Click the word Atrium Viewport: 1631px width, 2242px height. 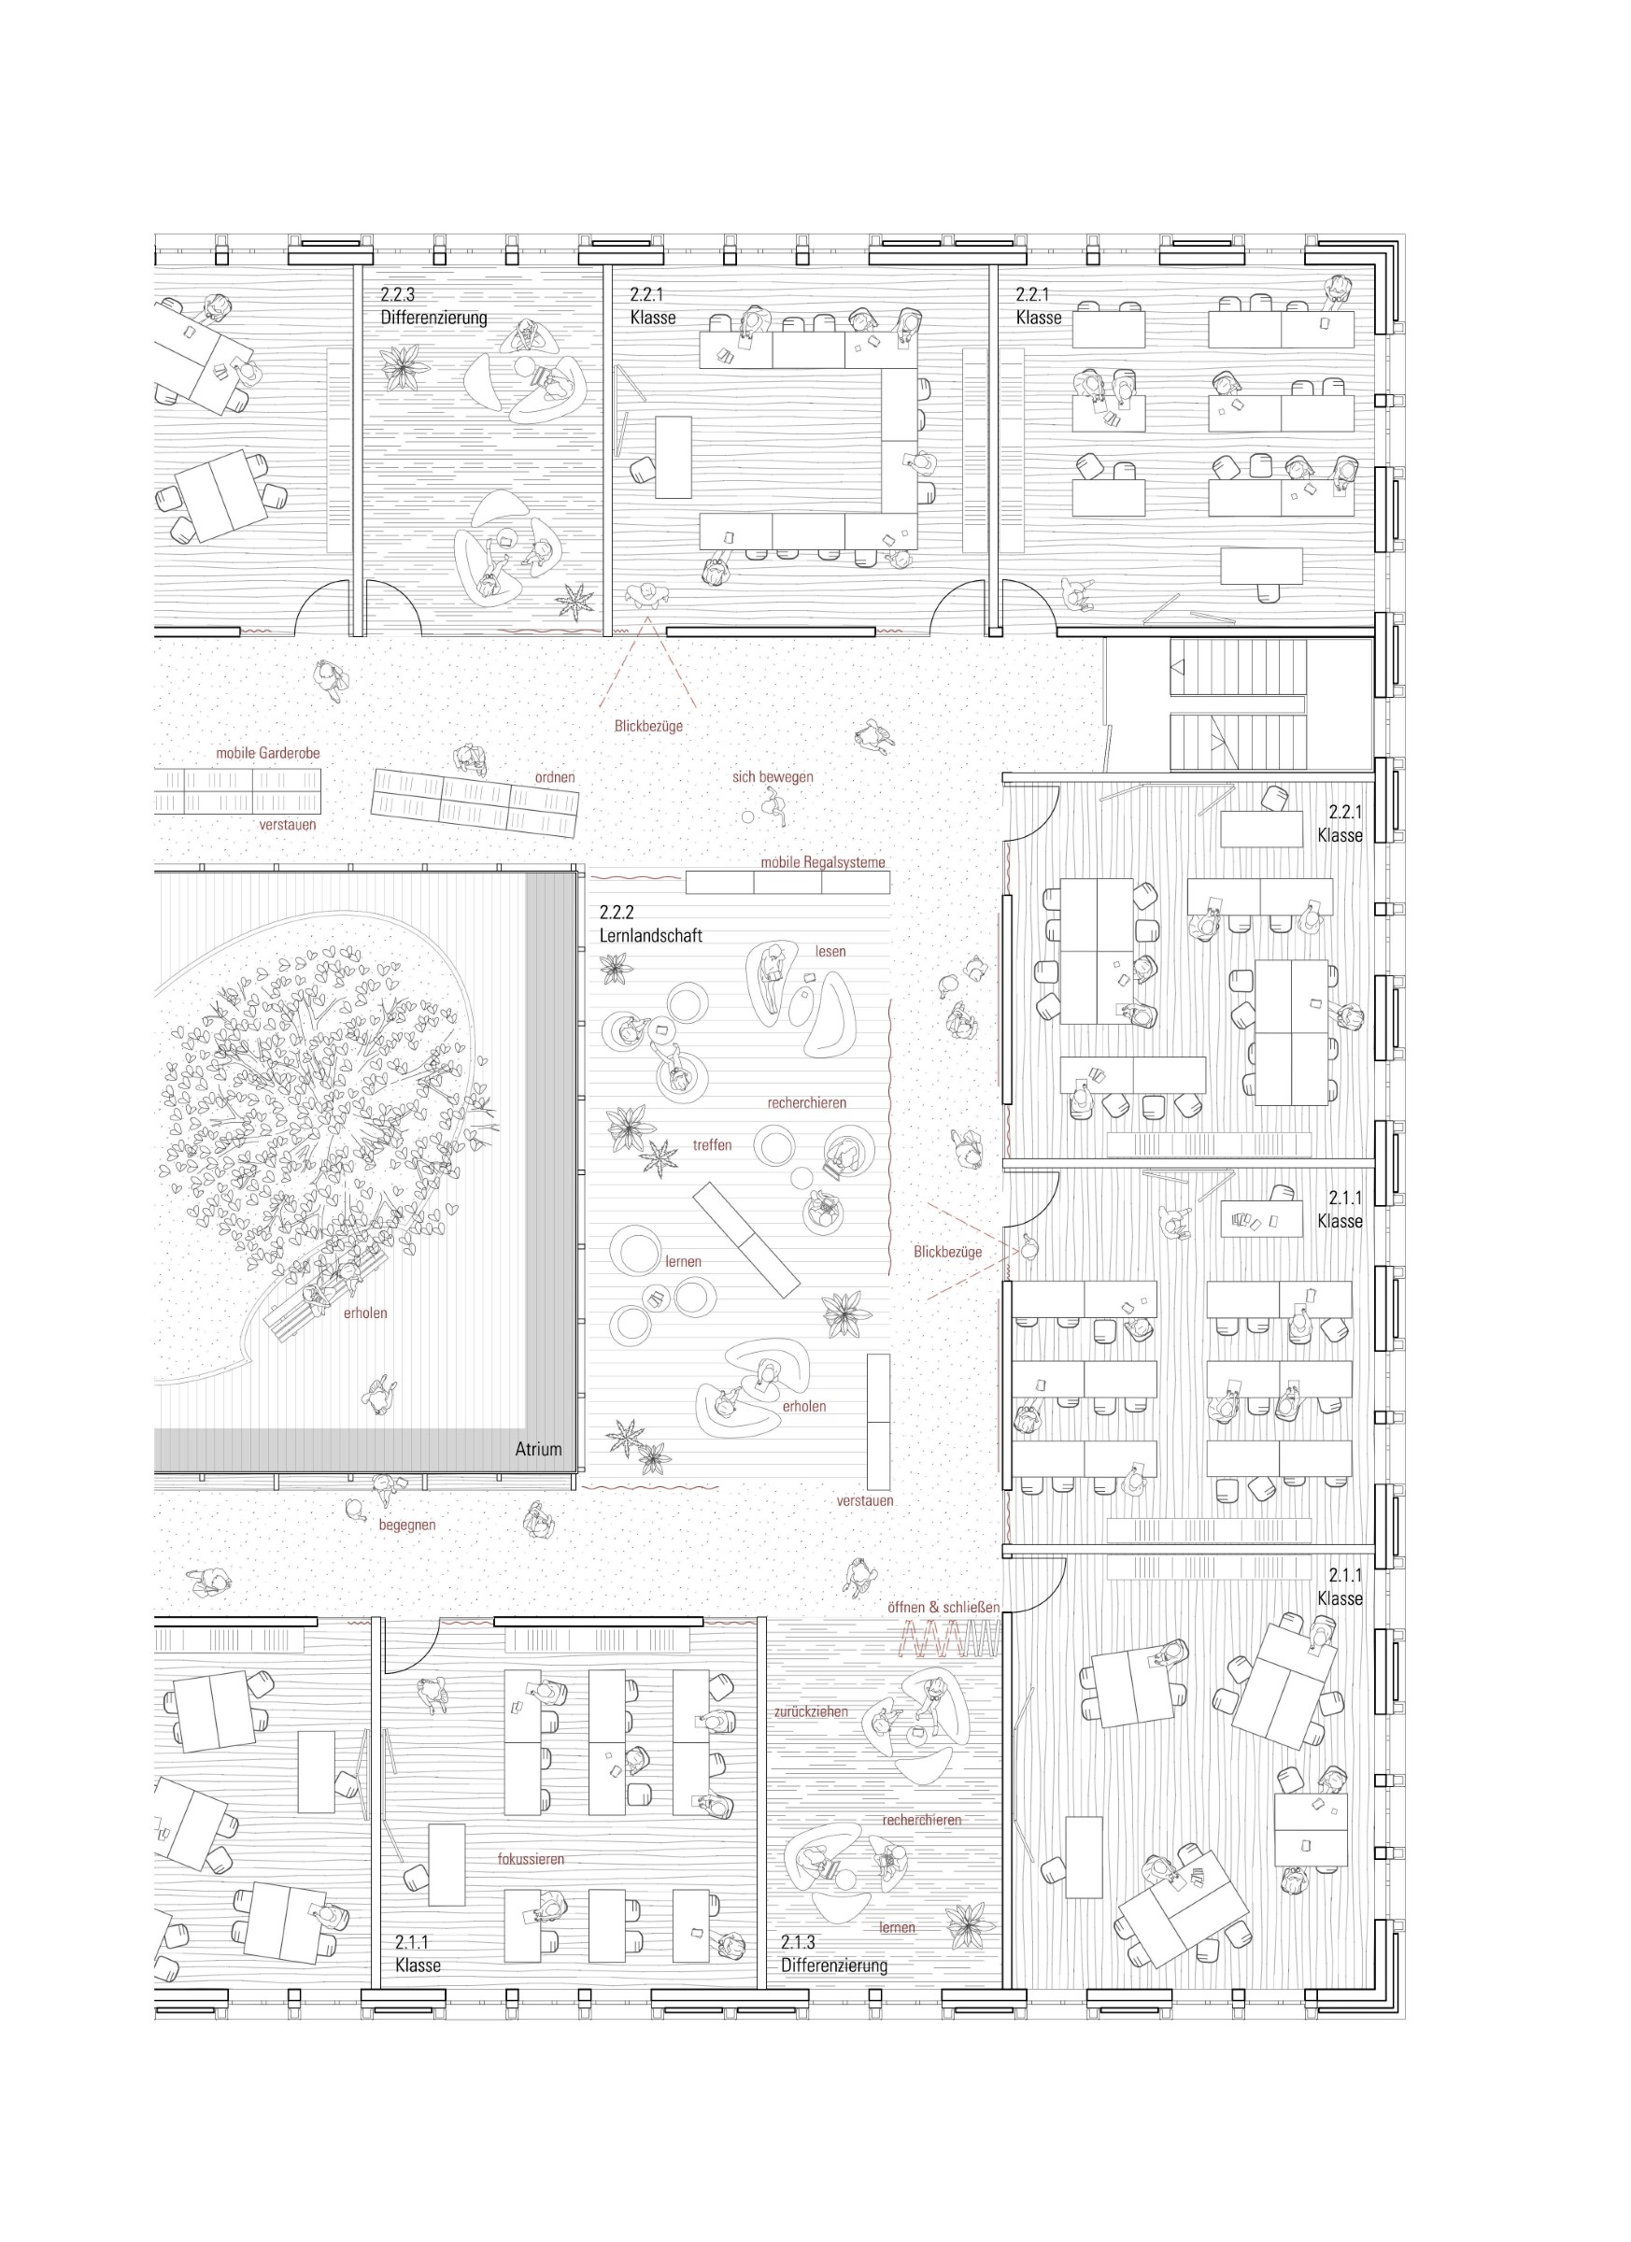(x=538, y=1449)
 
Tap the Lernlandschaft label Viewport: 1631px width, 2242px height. (x=650, y=935)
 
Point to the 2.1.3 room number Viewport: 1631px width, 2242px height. (x=799, y=1941)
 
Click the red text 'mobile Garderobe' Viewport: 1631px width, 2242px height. (x=268, y=753)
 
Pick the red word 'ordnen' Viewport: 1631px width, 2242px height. (x=555, y=777)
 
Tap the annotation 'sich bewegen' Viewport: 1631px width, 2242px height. (x=772, y=777)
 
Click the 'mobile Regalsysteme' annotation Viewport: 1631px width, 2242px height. (x=822, y=862)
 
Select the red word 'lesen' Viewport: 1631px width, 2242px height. (x=830, y=951)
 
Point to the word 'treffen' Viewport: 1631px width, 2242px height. (x=712, y=1144)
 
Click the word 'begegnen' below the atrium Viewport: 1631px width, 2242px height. (x=406, y=1525)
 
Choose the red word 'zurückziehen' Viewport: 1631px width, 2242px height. (x=811, y=1711)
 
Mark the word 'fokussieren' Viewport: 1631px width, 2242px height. (x=531, y=1858)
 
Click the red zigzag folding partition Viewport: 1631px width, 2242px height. (x=950, y=1641)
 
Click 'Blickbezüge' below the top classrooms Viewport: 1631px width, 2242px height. (x=648, y=726)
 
